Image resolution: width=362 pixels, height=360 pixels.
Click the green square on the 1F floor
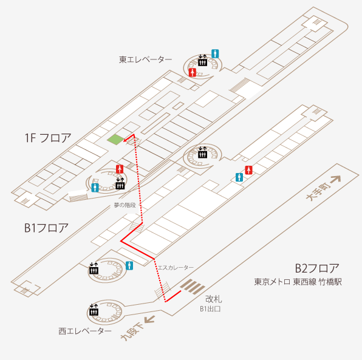point(115,140)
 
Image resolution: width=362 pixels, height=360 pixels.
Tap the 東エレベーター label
point(145,59)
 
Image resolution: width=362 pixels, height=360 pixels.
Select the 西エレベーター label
point(85,331)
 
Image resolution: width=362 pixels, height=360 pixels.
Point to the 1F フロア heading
point(48,138)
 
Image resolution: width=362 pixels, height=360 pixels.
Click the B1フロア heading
point(46,228)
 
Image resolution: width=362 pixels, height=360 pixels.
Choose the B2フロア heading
point(317,268)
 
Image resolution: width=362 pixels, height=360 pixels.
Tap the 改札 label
point(214,299)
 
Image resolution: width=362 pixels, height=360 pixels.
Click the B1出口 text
point(210,309)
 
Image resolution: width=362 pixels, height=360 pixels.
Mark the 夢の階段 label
point(125,205)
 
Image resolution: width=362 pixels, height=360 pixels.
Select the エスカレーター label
point(176,268)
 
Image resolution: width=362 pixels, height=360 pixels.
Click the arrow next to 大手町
point(336,179)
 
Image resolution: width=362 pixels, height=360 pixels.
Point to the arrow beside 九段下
point(149,319)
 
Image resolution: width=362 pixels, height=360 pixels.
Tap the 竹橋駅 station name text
point(330,282)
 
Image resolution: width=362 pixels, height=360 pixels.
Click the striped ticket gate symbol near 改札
point(193,287)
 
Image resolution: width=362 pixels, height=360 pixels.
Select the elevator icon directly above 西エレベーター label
point(94,310)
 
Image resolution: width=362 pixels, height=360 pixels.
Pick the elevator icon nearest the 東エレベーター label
point(202,61)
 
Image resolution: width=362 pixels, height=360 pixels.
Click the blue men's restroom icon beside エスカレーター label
point(129,266)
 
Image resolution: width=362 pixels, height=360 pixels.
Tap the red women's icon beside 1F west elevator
point(120,169)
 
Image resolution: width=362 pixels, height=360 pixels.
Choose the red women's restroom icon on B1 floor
point(248,170)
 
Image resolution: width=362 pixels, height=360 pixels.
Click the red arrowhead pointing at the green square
point(125,140)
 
